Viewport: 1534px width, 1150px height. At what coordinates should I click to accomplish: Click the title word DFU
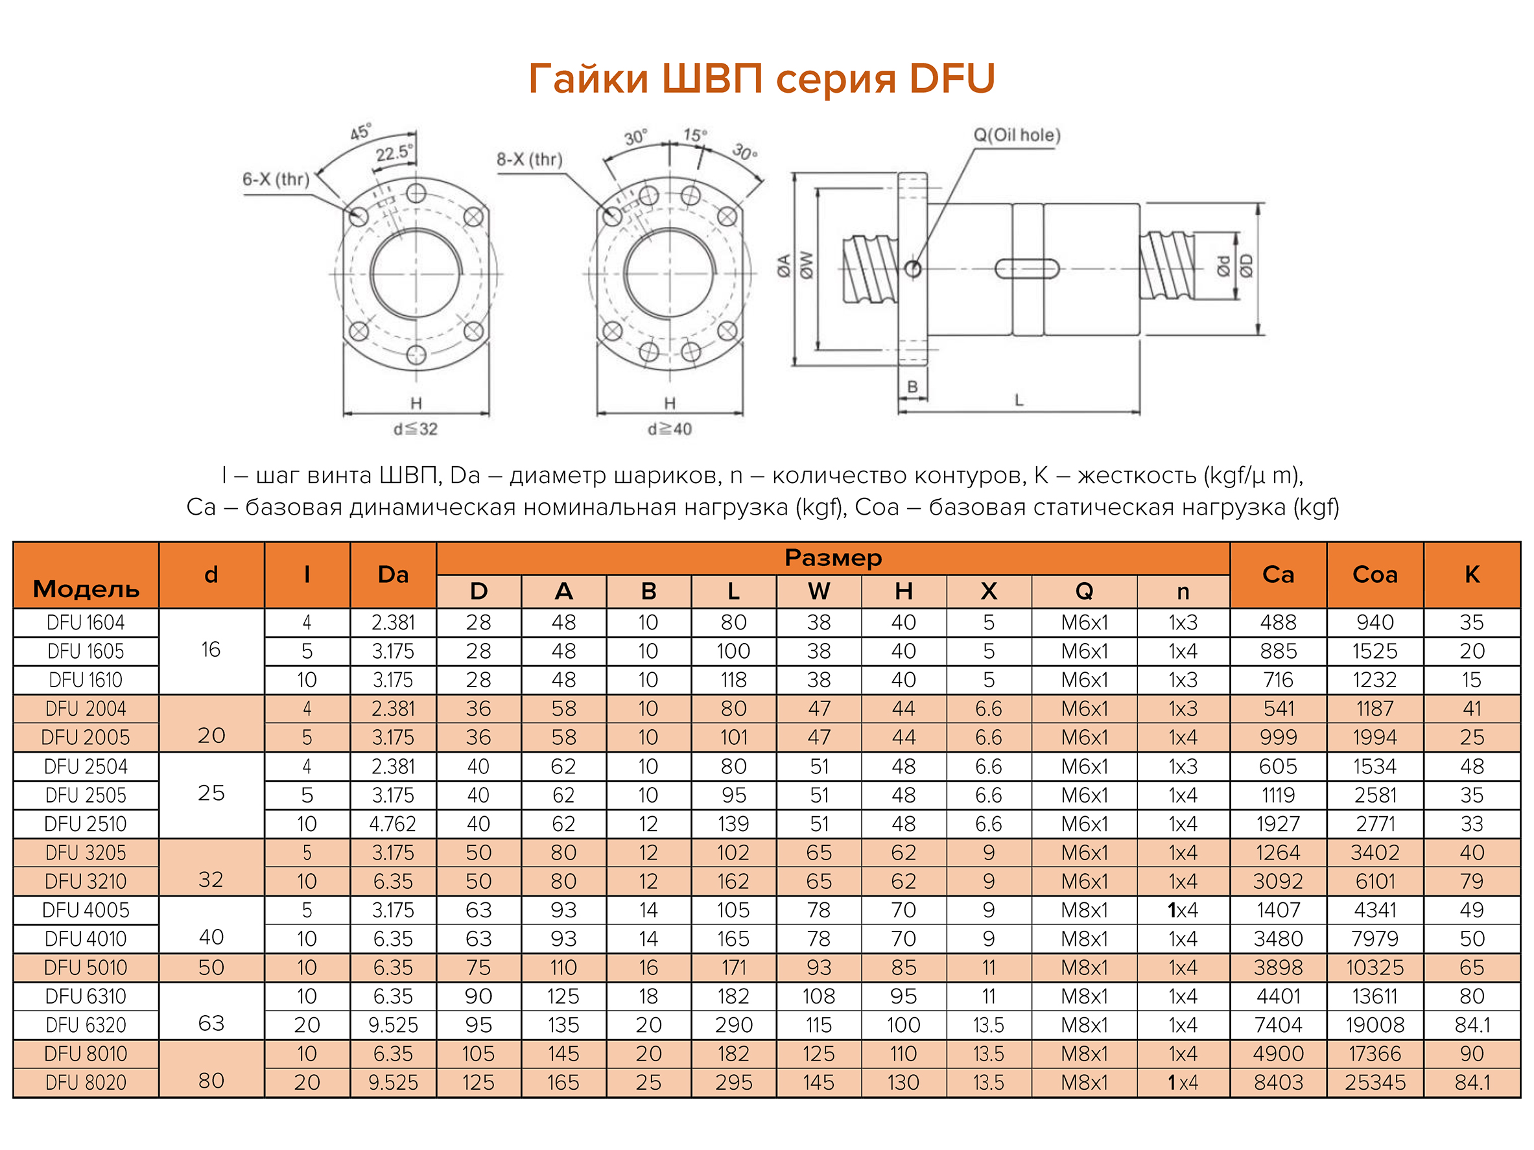click(x=952, y=78)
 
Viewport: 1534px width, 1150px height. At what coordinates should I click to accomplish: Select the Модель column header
click(x=86, y=589)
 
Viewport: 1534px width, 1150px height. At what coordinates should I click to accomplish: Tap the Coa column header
click(x=1375, y=574)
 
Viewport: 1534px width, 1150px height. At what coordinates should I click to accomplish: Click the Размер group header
click(x=833, y=558)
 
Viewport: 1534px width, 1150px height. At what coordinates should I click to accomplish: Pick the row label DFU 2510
click(x=86, y=823)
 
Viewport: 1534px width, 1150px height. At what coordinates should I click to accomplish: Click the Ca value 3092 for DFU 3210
click(x=1277, y=881)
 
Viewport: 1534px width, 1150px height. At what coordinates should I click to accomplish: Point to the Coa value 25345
click(x=1375, y=1082)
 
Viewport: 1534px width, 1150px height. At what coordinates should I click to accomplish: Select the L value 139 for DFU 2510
click(x=733, y=823)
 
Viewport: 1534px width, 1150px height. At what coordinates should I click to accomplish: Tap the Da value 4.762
click(x=392, y=823)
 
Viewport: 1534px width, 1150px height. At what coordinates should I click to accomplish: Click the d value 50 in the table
click(x=211, y=967)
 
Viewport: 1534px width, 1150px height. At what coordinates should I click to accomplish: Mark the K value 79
click(x=1471, y=881)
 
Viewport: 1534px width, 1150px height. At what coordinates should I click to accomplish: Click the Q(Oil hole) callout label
click(x=1017, y=135)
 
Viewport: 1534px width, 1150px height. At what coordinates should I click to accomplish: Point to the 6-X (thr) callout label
click(x=276, y=180)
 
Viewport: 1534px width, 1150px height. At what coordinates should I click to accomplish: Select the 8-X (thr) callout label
click(x=529, y=159)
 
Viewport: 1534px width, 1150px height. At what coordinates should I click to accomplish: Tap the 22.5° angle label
click(x=393, y=152)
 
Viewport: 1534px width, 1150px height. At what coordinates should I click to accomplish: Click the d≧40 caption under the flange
click(x=669, y=429)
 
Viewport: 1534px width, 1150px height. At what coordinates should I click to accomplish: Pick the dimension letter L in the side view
click(x=1018, y=400)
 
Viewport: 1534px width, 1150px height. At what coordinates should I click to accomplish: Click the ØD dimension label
click(x=1246, y=266)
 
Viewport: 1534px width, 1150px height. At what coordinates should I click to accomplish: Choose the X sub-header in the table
click(x=988, y=591)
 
